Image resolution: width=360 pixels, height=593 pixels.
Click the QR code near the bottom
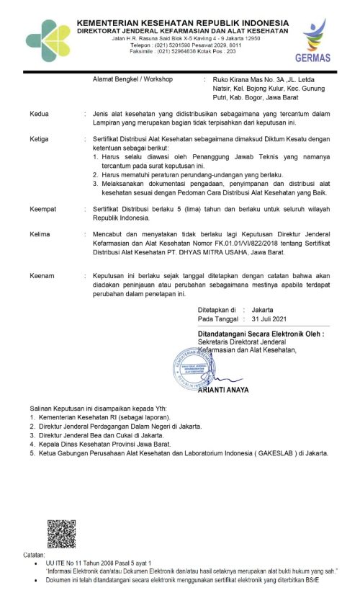coord(62,534)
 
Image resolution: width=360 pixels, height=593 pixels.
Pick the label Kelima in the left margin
coord(40,234)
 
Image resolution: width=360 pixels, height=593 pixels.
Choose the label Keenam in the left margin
coord(42,276)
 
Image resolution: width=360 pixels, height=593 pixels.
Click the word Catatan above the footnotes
coord(34,556)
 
